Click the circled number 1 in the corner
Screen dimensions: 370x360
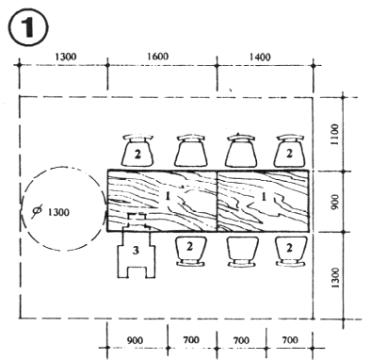coord(28,27)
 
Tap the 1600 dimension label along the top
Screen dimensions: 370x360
coord(157,57)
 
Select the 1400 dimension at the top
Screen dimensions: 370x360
coord(260,57)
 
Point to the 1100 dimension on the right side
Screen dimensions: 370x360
coord(335,135)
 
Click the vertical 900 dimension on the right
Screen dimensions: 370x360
coord(335,202)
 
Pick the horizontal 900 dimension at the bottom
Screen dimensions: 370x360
coord(135,340)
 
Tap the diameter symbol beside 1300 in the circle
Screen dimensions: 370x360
coord(37,212)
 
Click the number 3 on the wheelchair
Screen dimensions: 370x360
coord(136,251)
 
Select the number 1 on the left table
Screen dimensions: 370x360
coord(168,196)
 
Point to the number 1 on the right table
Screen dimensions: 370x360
coord(264,197)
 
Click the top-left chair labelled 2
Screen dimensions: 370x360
coord(137,151)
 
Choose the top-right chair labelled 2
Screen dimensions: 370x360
coord(289,151)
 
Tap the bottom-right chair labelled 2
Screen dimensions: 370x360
coord(290,252)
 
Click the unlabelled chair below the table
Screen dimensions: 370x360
coord(242,252)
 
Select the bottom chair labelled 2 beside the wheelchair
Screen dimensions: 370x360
coord(191,252)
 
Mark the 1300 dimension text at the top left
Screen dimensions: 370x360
coord(66,57)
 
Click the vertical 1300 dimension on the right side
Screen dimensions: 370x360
coord(335,278)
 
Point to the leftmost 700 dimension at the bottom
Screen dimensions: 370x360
coord(191,340)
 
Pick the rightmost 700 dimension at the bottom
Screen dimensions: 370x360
coord(290,340)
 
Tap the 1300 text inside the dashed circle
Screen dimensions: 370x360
coord(58,212)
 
